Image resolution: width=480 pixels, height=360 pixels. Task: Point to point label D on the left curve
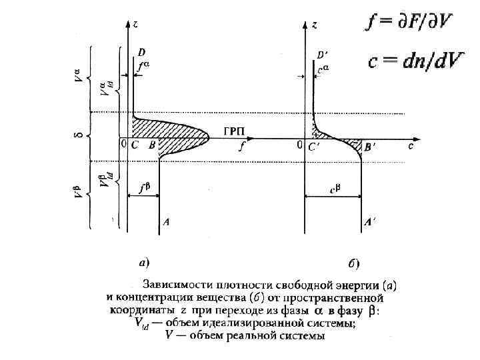tap(141, 51)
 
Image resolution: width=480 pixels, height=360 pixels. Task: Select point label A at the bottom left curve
tap(165, 223)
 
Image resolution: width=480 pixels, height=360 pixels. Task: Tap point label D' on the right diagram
tap(322, 54)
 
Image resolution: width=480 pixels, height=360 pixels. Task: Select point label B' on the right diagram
tap(369, 146)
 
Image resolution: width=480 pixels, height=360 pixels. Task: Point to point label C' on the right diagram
tap(313, 147)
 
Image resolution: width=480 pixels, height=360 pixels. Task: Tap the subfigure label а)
tap(143, 261)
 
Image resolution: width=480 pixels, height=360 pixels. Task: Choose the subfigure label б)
tap(354, 262)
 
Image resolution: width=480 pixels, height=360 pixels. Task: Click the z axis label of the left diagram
tap(135, 24)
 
